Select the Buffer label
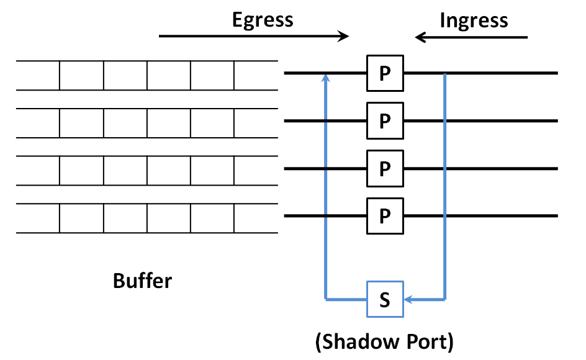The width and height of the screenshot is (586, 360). (x=142, y=281)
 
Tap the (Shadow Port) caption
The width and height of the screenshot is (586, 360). (x=385, y=341)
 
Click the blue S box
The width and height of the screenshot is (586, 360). (x=385, y=300)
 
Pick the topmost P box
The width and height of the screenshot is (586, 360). (x=385, y=73)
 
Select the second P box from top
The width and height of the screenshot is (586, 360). (x=385, y=120)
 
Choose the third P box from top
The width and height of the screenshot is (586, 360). (x=385, y=168)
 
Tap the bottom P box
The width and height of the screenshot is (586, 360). (x=385, y=216)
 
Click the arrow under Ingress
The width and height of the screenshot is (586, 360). (x=472, y=37)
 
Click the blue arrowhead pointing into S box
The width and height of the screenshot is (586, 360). (x=409, y=300)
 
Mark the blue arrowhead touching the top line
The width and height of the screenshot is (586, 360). (x=325, y=78)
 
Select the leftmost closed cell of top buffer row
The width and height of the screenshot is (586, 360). (x=81, y=76)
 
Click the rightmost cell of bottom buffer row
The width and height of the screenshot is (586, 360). (x=256, y=218)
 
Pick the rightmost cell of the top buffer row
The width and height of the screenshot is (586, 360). (x=256, y=76)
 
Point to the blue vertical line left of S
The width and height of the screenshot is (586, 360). (x=325, y=186)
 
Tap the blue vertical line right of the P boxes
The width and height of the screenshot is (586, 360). (x=445, y=186)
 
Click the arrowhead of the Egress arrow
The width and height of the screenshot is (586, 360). (x=343, y=37)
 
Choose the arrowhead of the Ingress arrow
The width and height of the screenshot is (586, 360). (x=420, y=37)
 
